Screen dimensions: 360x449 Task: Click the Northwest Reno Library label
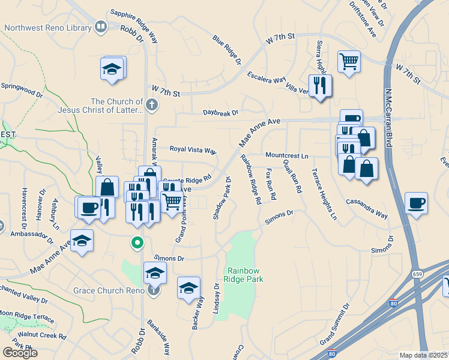point(46,28)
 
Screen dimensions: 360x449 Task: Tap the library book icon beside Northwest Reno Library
point(100,27)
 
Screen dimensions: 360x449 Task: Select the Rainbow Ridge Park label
point(244,275)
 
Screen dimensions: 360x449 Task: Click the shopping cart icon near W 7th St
point(349,61)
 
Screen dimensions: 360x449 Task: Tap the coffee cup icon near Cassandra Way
point(417,203)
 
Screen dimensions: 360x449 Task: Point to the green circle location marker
point(137,243)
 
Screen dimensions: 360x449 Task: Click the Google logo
point(20,353)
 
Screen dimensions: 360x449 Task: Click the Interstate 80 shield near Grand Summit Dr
point(393,303)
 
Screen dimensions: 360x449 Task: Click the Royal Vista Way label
point(193,149)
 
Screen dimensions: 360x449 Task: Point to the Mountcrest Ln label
point(287,156)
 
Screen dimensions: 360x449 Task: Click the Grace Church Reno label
point(109,290)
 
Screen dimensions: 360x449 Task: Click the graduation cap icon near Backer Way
point(188,288)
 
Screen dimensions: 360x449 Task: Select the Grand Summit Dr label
point(334,325)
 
